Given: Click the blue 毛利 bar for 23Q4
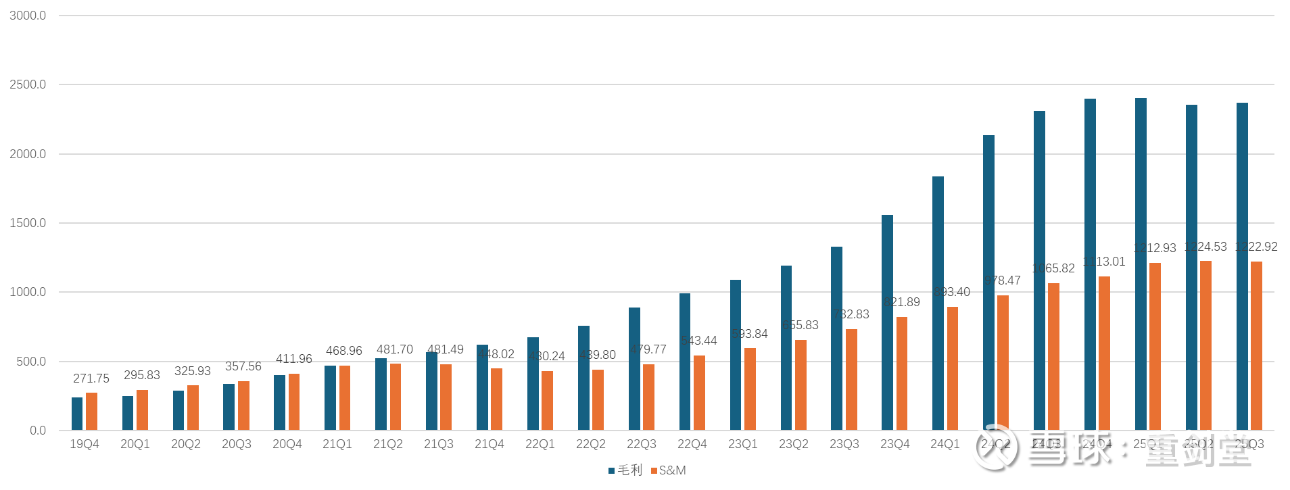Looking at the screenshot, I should pyautogui.click(x=887, y=322).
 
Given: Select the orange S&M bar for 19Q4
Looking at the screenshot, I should pyautogui.click(x=91, y=412).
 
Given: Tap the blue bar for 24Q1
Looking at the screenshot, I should pyautogui.click(x=938, y=303).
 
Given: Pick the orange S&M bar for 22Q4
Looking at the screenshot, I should pyautogui.click(x=699, y=393).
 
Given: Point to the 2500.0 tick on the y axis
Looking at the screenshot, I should pyautogui.click(x=28, y=84).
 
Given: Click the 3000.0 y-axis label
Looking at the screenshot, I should pyautogui.click(x=28, y=16).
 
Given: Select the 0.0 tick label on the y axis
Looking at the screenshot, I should pyautogui.click(x=38, y=431).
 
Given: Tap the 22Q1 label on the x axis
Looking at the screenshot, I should pyautogui.click(x=540, y=444).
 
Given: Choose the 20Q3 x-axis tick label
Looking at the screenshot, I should pyautogui.click(x=236, y=444).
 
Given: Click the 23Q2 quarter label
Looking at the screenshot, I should pyautogui.click(x=793, y=444).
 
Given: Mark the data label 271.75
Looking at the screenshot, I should pyautogui.click(x=91, y=378).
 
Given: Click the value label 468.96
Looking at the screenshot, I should pyautogui.click(x=343, y=351).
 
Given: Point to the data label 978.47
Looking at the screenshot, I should pyautogui.click(x=1002, y=280).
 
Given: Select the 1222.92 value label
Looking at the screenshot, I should pyautogui.click(x=1256, y=247).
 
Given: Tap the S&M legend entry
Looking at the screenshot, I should pyautogui.click(x=669, y=470).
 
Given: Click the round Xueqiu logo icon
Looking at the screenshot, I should pyautogui.click(x=994, y=446).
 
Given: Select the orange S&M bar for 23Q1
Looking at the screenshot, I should pyautogui.click(x=750, y=389).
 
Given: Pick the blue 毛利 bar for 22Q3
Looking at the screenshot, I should pyautogui.click(x=634, y=369).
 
